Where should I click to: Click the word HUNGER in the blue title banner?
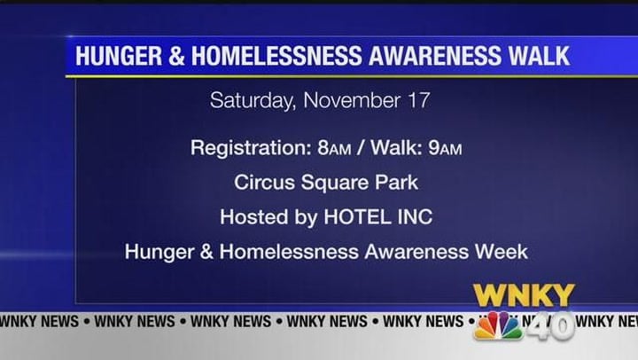pyautogui.click(x=119, y=56)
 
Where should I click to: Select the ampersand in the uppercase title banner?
pyautogui.click(x=176, y=56)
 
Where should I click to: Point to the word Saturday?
pyautogui.click(x=253, y=100)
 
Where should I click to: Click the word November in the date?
pyautogui.click(x=352, y=100)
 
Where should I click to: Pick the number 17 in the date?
pyautogui.click(x=419, y=100)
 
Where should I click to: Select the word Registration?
pyautogui.click(x=251, y=148)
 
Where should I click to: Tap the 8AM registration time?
pyautogui.click(x=334, y=148)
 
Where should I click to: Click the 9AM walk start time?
pyautogui.click(x=445, y=148)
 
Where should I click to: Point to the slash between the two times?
pyautogui.click(x=360, y=148)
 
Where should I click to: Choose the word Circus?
pyautogui.click(x=264, y=182)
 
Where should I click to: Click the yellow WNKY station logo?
pyautogui.click(x=524, y=295)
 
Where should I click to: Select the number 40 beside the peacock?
pyautogui.click(x=549, y=326)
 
